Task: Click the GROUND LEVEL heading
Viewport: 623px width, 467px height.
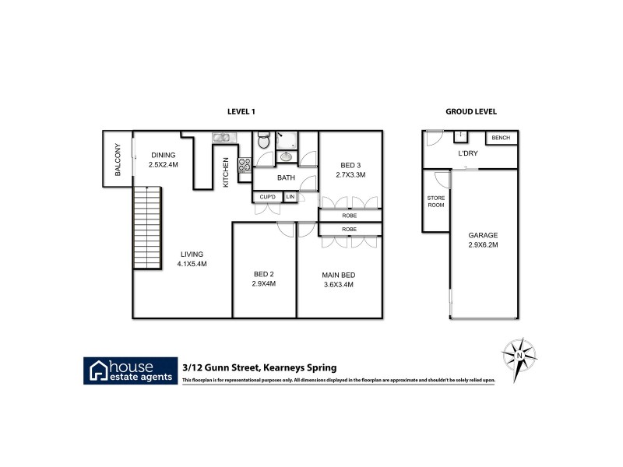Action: pyautogui.click(x=471, y=112)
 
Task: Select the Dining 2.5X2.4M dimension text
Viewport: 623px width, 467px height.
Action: pyautogui.click(x=164, y=165)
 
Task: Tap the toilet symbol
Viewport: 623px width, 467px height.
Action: pyautogui.click(x=264, y=142)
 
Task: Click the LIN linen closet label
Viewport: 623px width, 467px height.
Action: pyautogui.click(x=290, y=196)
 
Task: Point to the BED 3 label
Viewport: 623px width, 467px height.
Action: pyautogui.click(x=350, y=164)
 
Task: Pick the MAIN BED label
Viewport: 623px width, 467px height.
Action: pyautogui.click(x=339, y=274)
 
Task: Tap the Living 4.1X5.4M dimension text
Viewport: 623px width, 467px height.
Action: pyautogui.click(x=192, y=263)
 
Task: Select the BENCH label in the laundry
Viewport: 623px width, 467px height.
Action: pyautogui.click(x=502, y=139)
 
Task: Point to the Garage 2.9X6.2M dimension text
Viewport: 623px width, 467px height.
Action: pyautogui.click(x=483, y=244)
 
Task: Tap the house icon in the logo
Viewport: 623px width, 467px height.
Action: pyautogui.click(x=100, y=370)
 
